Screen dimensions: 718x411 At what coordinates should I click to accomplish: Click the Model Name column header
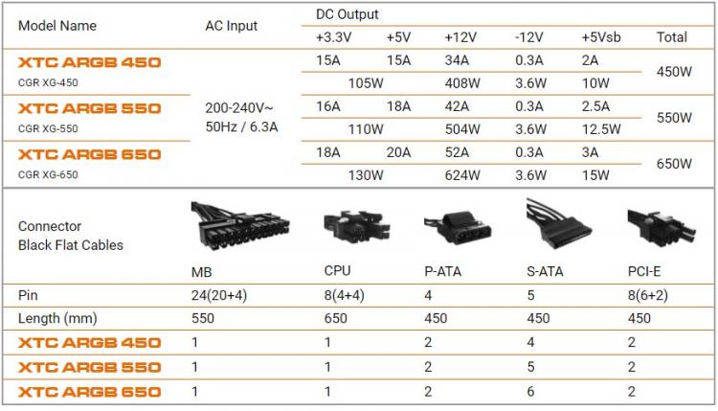57,26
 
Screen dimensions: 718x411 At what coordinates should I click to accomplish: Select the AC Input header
232,26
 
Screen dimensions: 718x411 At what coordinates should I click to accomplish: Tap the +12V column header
460,37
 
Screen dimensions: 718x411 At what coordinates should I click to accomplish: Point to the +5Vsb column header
601,37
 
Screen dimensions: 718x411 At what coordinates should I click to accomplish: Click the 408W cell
462,83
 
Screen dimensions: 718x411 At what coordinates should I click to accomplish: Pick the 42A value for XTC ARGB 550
457,106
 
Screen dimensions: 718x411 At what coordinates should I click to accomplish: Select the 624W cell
462,175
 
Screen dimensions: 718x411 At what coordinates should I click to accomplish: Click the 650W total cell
674,164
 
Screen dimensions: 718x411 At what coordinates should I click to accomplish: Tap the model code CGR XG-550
48,128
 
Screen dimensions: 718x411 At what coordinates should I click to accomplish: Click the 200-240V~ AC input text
239,107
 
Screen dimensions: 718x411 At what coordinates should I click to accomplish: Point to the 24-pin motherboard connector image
240,226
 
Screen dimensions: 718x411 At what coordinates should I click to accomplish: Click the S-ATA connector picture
559,223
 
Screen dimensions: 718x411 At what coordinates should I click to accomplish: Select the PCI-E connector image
662,227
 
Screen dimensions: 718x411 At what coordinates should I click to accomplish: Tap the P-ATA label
443,272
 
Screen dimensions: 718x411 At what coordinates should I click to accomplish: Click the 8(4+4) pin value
344,295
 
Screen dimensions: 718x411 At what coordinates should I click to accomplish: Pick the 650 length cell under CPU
336,318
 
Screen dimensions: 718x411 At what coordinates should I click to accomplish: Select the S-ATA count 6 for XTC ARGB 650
530,392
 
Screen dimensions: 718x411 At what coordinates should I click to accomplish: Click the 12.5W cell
601,129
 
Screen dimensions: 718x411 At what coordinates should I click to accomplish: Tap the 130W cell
366,175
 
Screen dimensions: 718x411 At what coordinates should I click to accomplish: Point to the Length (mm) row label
57,318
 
